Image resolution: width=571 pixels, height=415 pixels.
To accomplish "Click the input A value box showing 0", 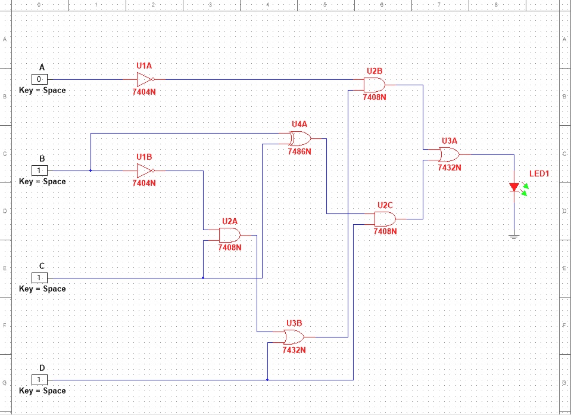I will [39, 79].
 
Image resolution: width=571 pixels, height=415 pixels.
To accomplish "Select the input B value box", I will [39, 171].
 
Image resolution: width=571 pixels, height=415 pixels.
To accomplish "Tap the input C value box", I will [39, 278].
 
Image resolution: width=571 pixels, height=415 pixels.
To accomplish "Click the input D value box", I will [39, 380].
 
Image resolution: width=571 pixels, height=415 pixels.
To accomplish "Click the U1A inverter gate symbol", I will [145, 79].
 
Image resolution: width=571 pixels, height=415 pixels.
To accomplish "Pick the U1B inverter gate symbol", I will [145, 171].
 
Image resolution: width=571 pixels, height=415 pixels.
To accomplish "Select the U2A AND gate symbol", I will [230, 235].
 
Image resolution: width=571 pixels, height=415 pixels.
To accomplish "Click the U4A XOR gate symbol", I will [299, 139].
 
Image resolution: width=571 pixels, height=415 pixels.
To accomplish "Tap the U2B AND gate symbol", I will [375, 85].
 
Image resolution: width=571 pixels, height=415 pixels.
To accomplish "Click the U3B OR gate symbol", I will [294, 337].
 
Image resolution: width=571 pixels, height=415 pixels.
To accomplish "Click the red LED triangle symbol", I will [514, 187].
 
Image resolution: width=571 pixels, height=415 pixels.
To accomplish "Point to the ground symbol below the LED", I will [514, 237].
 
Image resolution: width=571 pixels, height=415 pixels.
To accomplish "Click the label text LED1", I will [539, 174].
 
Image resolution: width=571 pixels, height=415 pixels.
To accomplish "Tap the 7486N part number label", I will [299, 151].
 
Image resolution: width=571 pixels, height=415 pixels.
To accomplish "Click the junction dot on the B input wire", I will [91, 171].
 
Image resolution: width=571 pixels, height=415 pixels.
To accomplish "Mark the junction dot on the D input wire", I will [267, 380].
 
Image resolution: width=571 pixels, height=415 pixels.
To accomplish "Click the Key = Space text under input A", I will [42, 91].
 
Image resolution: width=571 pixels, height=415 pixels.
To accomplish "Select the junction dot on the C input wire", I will [203, 278].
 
